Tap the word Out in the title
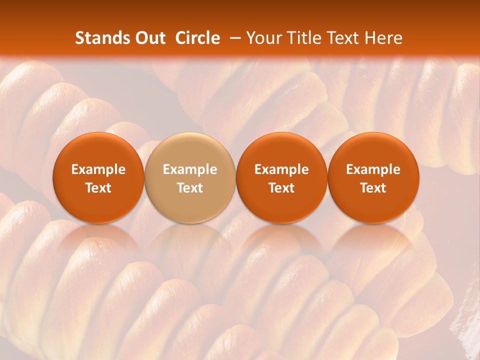(x=148, y=38)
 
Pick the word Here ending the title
(x=383, y=38)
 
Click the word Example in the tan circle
(x=190, y=170)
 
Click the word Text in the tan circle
(x=190, y=188)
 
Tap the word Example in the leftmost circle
(x=98, y=170)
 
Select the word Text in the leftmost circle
(x=98, y=188)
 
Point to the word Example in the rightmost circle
(x=373, y=170)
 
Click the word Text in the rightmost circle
(x=373, y=188)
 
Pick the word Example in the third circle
(x=281, y=170)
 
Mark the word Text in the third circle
(x=281, y=188)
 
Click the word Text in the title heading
(x=341, y=38)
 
